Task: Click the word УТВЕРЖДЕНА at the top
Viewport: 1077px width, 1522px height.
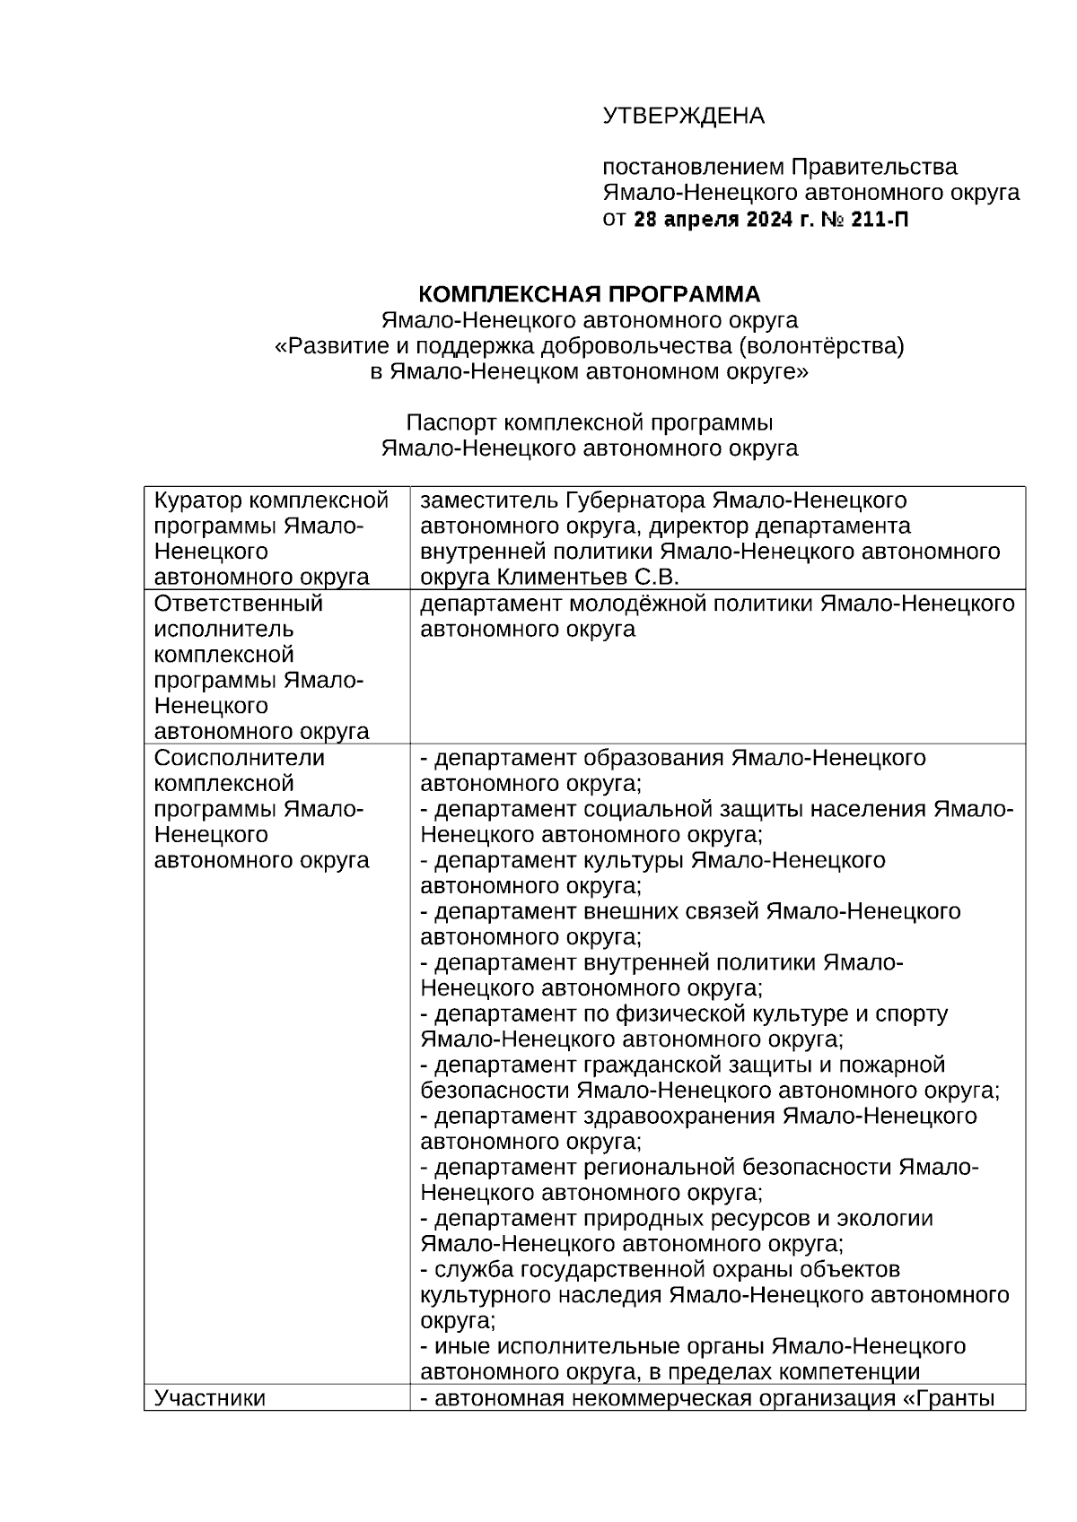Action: (x=683, y=116)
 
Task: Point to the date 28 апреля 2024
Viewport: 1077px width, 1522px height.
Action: (x=713, y=218)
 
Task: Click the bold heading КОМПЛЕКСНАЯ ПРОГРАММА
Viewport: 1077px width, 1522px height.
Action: (x=590, y=294)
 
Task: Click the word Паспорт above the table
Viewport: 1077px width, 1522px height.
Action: (x=450, y=422)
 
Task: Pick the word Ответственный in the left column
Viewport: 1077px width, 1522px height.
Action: (x=239, y=604)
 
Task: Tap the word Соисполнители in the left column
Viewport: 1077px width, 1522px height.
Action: (x=239, y=758)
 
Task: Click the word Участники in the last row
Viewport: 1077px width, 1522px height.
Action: (x=210, y=1398)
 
